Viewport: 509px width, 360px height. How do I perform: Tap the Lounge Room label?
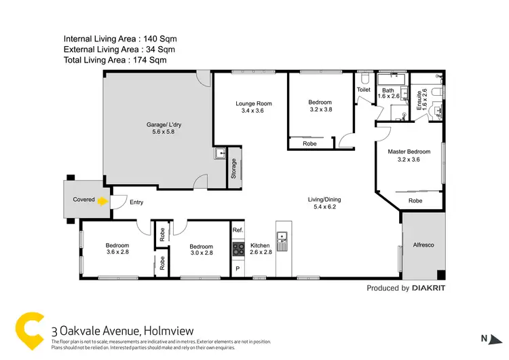tap(253, 104)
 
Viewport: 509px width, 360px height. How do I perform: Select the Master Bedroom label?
tap(409, 151)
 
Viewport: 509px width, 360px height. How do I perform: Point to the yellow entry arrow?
tap(102, 201)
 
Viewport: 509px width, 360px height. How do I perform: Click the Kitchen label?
tap(260, 246)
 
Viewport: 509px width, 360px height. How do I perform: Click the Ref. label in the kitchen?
tap(238, 230)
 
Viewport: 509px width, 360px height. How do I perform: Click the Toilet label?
tap(363, 90)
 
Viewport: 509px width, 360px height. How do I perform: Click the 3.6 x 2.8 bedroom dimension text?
tap(117, 253)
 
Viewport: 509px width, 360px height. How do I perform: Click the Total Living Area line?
tap(115, 60)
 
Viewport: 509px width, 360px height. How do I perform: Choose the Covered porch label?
tap(84, 200)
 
